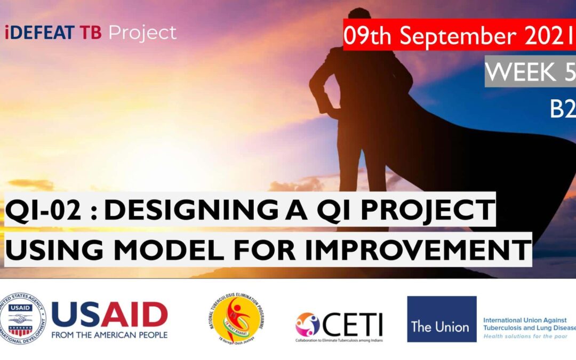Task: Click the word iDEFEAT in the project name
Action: pos(39,33)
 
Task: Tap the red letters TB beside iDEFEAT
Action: pos(91,33)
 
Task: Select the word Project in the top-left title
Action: pos(142,33)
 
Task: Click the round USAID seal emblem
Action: pos(23,319)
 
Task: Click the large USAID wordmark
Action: pos(110,315)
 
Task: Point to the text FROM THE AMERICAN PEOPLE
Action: pos(110,335)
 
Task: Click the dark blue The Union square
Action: pos(442,319)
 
